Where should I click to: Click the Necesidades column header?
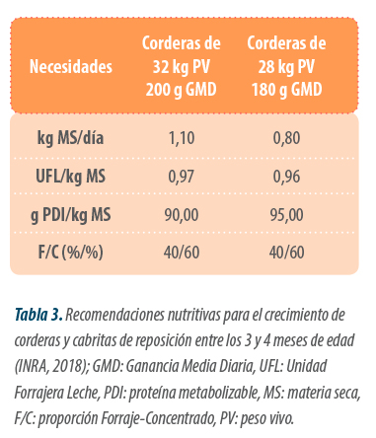coord(71,67)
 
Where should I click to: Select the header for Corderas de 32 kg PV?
coord(182,66)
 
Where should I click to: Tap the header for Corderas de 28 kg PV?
coord(286,66)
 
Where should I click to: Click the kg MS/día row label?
coord(70,138)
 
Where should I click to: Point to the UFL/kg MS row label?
coord(70,177)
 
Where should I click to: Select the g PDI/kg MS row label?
coord(70,215)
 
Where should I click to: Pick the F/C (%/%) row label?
coord(70,253)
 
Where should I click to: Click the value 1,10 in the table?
coord(182,138)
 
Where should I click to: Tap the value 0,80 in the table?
coord(286,138)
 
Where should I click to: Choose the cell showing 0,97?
coord(182,177)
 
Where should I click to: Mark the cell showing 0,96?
coord(286,177)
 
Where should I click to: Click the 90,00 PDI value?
coord(182,215)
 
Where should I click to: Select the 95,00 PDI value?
coord(286,215)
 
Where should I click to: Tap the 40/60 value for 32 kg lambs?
coord(182,253)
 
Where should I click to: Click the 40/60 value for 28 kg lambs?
coord(286,253)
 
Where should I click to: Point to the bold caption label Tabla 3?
coord(38,315)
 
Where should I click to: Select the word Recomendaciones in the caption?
coord(115,315)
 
